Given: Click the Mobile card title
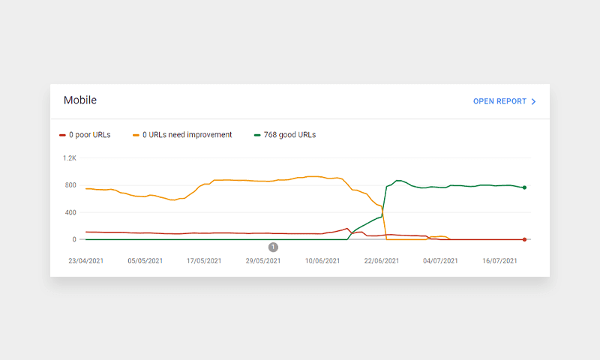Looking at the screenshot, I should pos(80,100).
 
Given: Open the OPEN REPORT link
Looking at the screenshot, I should pos(499,101).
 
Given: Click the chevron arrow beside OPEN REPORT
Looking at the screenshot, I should pos(533,101).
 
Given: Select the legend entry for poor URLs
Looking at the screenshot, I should pos(85,135).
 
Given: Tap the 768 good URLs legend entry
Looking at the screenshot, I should pos(285,135).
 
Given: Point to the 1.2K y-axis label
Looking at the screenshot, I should pos(70,158).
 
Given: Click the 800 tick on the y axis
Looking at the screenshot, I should pos(70,185).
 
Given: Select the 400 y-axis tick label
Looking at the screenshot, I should pos(70,212).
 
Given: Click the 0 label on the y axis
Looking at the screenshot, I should pos(73,239).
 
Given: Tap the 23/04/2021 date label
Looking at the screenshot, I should pos(86,261).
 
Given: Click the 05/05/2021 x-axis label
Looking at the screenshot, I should pos(145,261).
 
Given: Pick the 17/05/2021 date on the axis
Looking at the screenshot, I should pos(203,261).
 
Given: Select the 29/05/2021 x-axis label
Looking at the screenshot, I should pos(262,261).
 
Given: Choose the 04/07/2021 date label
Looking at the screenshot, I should pos(439,261).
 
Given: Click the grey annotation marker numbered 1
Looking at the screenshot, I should pos(273,247).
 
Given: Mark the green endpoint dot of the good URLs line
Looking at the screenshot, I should pos(524,187).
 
